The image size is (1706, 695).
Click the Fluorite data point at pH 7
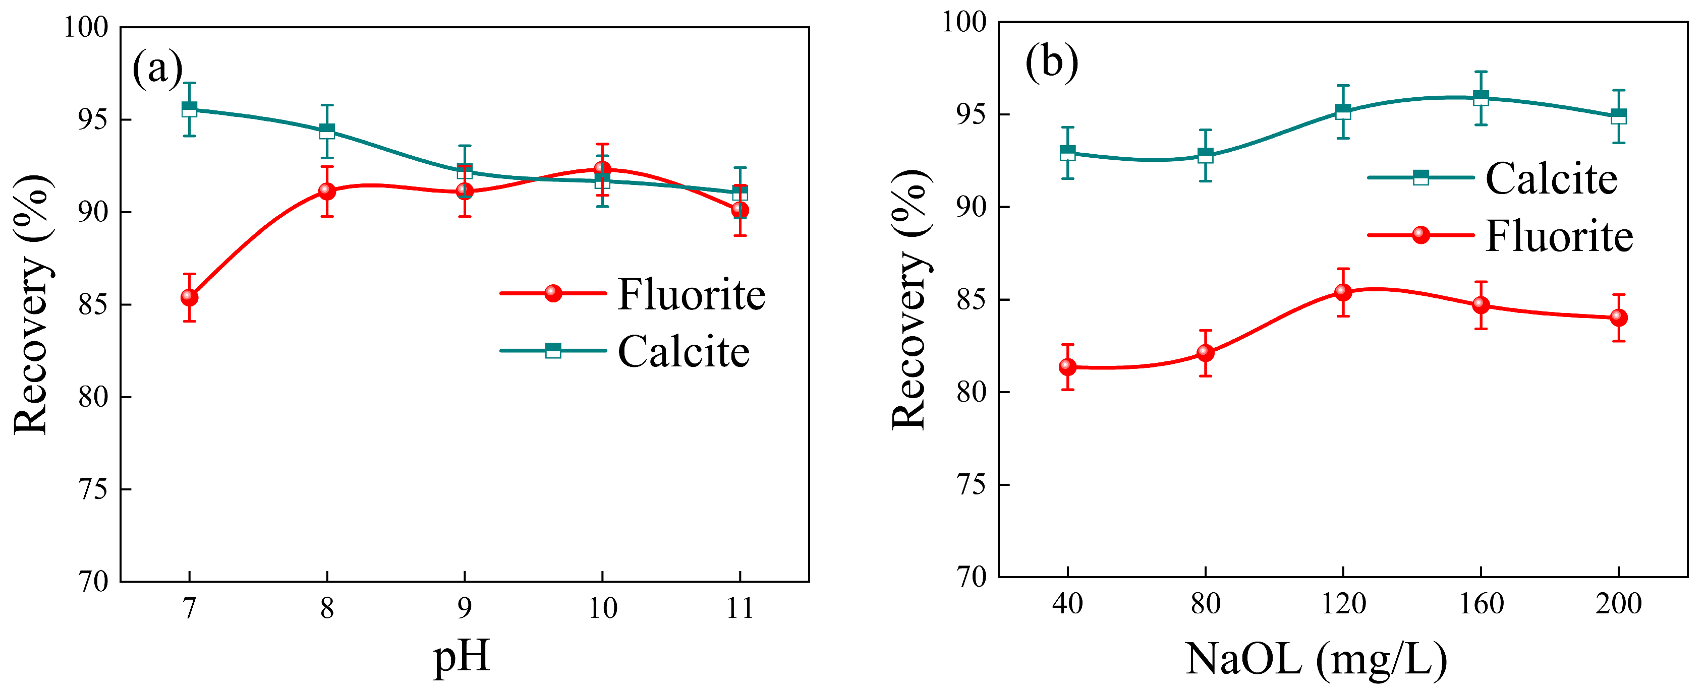click(189, 297)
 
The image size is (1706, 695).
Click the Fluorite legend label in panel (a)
click(691, 294)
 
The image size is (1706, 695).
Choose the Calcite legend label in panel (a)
click(683, 351)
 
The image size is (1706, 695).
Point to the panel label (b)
click(1052, 62)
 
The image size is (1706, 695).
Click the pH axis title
click(462, 657)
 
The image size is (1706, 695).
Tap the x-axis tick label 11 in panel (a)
click(740, 608)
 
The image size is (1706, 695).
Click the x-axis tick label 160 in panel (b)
click(1481, 603)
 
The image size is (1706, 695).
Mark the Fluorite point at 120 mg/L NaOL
click(1343, 292)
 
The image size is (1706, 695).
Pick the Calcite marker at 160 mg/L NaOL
click(1481, 98)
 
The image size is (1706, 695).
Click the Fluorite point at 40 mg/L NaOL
click(1067, 367)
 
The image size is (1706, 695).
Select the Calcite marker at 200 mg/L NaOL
click(1619, 116)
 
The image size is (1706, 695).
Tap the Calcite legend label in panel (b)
click(1551, 179)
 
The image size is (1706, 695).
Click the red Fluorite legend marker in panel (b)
click(1420, 235)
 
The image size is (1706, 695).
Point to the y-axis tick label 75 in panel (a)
click(93, 490)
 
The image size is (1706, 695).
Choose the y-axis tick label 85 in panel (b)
click(971, 300)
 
